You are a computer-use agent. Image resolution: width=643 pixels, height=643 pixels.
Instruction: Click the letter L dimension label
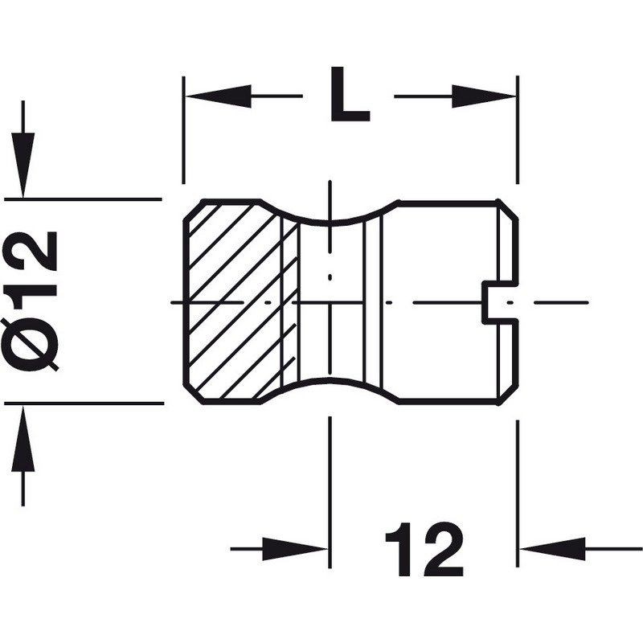pyautogui.click(x=348, y=96)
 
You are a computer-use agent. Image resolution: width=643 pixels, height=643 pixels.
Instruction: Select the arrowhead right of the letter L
pyautogui.click(x=482, y=97)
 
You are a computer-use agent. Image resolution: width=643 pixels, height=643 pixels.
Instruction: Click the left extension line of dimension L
pyautogui.click(x=185, y=129)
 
